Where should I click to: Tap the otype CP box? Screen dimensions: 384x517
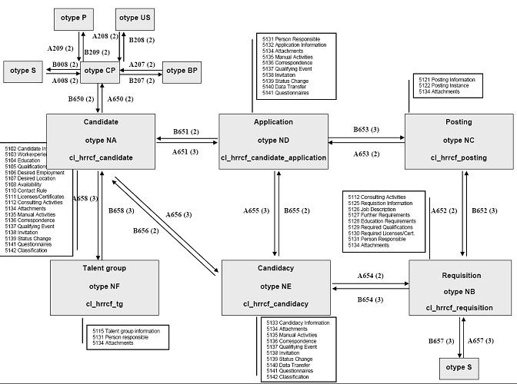[x=100, y=71]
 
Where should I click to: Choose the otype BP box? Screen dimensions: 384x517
[x=182, y=71]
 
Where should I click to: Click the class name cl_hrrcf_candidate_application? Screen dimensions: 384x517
[x=273, y=157]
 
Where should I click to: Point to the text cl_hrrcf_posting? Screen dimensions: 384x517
[x=459, y=157]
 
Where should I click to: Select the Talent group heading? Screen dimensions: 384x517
[x=105, y=268]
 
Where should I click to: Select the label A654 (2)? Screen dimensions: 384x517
[x=371, y=275]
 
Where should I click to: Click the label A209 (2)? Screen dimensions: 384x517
[x=59, y=48]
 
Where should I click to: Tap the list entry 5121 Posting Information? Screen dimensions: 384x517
[x=446, y=79]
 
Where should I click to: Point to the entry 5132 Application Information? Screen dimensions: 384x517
[x=296, y=45]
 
